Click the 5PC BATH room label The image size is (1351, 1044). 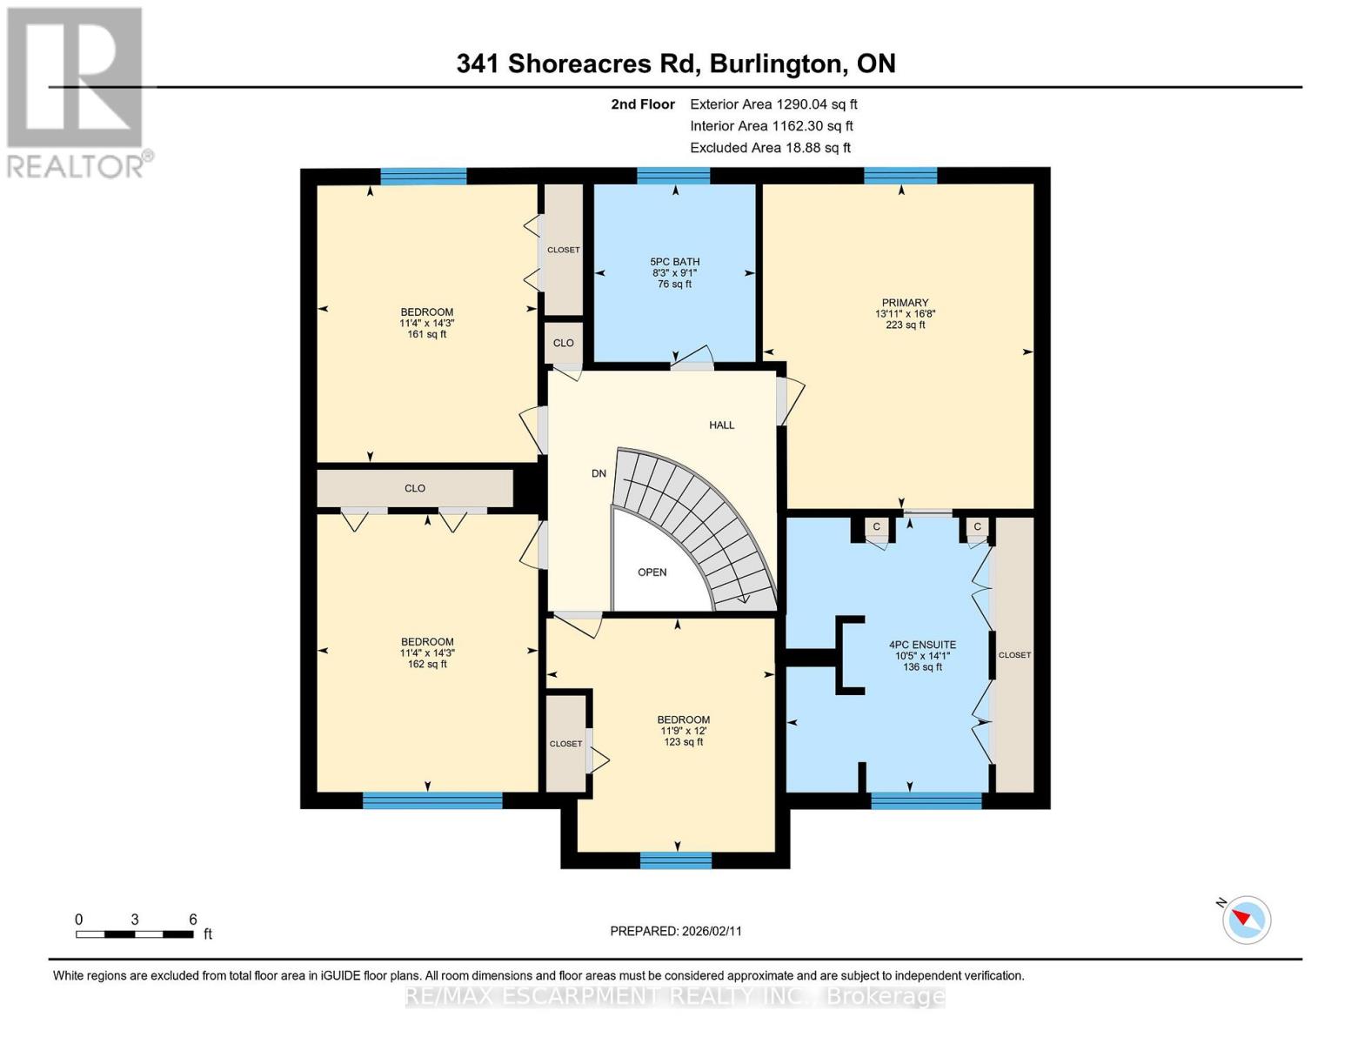click(x=674, y=262)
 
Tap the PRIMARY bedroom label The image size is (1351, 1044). click(x=905, y=304)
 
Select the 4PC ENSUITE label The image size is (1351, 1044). click(x=922, y=646)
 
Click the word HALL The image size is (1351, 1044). click(x=721, y=425)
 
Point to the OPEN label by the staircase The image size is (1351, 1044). click(x=652, y=572)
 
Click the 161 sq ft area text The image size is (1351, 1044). click(x=426, y=334)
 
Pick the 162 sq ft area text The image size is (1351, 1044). click(x=426, y=665)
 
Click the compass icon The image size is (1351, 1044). click(x=1246, y=920)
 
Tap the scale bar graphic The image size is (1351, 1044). click(x=135, y=934)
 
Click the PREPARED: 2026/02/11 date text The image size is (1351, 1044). click(x=676, y=931)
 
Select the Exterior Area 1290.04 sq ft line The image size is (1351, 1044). click(x=773, y=104)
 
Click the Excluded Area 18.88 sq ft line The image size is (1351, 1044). click(x=770, y=148)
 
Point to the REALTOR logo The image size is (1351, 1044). click(x=77, y=91)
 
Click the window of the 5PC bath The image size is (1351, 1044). click(x=673, y=177)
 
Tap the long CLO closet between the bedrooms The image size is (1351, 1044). click(x=415, y=489)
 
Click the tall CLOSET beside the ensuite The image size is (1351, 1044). click(x=1014, y=654)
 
